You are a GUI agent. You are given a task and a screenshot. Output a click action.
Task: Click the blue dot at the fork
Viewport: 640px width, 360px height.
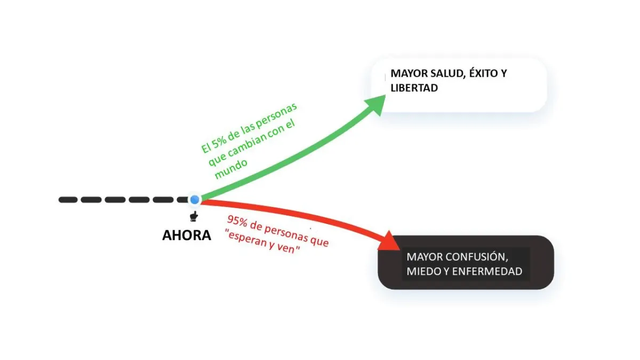[x=195, y=200]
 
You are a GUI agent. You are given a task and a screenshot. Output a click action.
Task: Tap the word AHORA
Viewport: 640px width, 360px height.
[x=187, y=235]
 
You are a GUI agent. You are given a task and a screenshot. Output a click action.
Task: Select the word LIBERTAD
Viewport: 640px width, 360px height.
[x=414, y=88]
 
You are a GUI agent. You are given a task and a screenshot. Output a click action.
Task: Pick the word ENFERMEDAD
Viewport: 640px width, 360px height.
[x=487, y=271]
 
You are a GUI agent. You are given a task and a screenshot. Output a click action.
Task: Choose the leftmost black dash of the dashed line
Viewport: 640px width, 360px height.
[x=68, y=200]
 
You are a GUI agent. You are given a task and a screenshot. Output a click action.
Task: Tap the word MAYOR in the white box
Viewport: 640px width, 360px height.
[x=409, y=74]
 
